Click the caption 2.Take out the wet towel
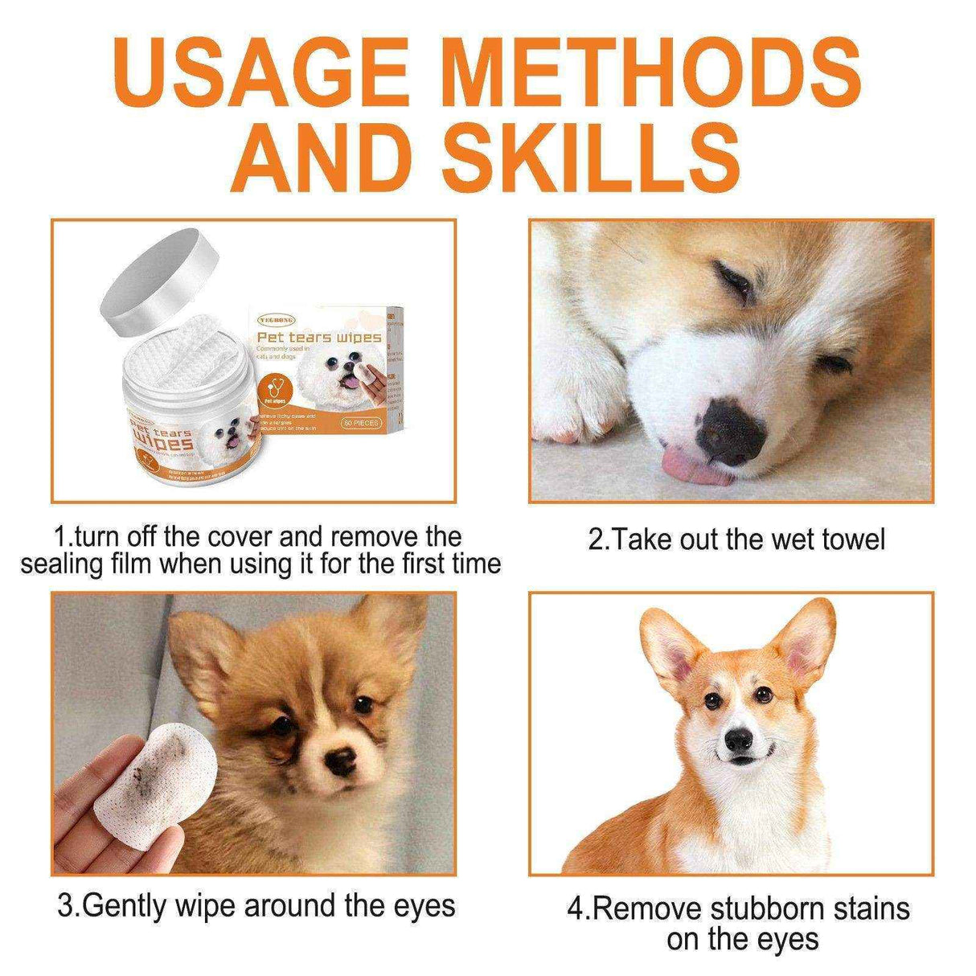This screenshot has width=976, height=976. (x=735, y=539)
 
